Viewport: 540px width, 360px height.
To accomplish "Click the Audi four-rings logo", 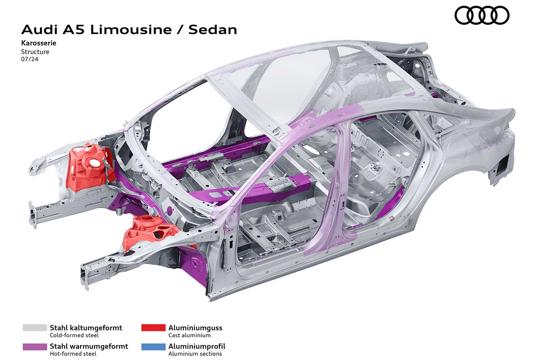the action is point(482,16).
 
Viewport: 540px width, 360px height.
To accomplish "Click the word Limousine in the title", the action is point(131,30).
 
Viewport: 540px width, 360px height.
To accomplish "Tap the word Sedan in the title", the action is point(213,30).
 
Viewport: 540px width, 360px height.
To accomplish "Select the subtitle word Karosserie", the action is point(38,43).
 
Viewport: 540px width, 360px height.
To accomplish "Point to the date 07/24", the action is point(30,59).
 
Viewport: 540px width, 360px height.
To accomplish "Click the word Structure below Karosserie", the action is point(35,52).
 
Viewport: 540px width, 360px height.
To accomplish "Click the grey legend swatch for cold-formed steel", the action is point(35,328).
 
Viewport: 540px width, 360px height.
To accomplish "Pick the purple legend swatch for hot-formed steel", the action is point(35,347).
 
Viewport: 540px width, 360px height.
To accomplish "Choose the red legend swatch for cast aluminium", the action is point(153,328).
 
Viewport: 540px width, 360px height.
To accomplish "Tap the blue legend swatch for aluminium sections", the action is point(153,347).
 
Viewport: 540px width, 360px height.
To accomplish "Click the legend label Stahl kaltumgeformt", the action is point(86,328).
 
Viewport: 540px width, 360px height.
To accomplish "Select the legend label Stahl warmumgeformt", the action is point(89,346).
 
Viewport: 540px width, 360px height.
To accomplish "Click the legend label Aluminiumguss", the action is point(195,328).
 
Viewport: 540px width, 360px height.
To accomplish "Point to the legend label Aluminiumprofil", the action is point(197,346).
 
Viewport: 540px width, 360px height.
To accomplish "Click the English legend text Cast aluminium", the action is point(189,336).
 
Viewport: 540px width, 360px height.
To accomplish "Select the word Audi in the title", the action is point(39,30).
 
